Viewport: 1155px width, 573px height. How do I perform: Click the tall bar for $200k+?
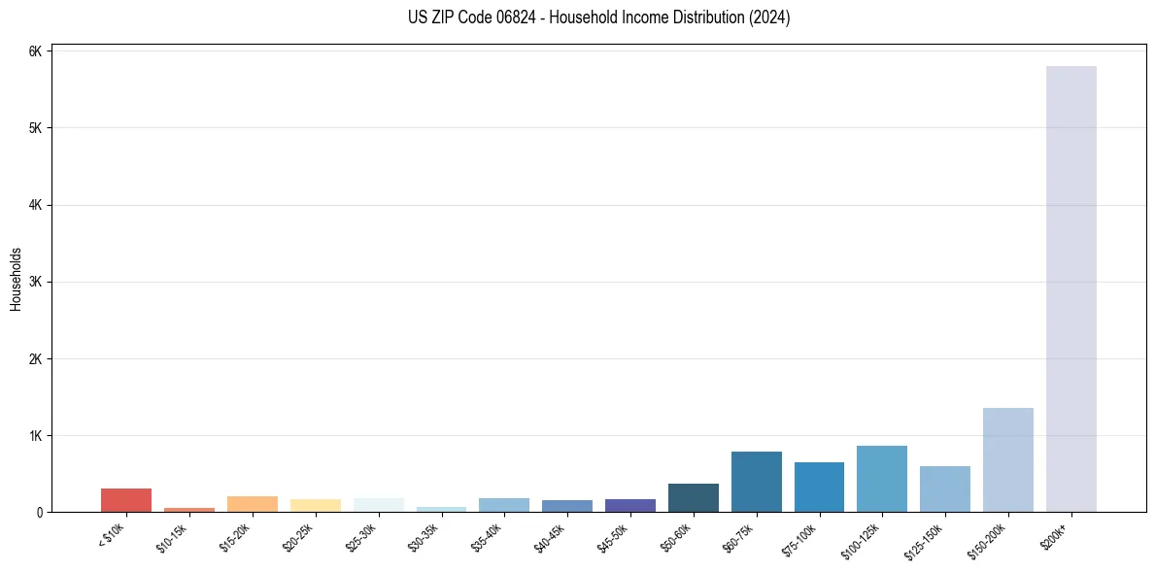coord(1070,291)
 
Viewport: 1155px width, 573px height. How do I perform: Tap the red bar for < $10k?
coord(126,500)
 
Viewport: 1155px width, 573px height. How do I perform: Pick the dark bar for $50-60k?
coord(693,497)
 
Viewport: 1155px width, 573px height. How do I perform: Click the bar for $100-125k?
coord(882,479)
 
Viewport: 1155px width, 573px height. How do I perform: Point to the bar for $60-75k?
coord(756,482)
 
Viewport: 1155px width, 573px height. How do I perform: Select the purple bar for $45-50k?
coord(629,505)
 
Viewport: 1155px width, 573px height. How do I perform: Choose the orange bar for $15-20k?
coord(252,504)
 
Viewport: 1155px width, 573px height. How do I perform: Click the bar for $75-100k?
coord(819,488)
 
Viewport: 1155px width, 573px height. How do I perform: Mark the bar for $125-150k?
coord(945,489)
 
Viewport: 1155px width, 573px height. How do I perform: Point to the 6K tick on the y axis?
coord(36,51)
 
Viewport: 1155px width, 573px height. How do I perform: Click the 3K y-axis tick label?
coord(36,282)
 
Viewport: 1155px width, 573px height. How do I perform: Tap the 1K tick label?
coord(36,435)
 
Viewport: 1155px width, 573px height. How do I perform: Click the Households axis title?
coord(16,279)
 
